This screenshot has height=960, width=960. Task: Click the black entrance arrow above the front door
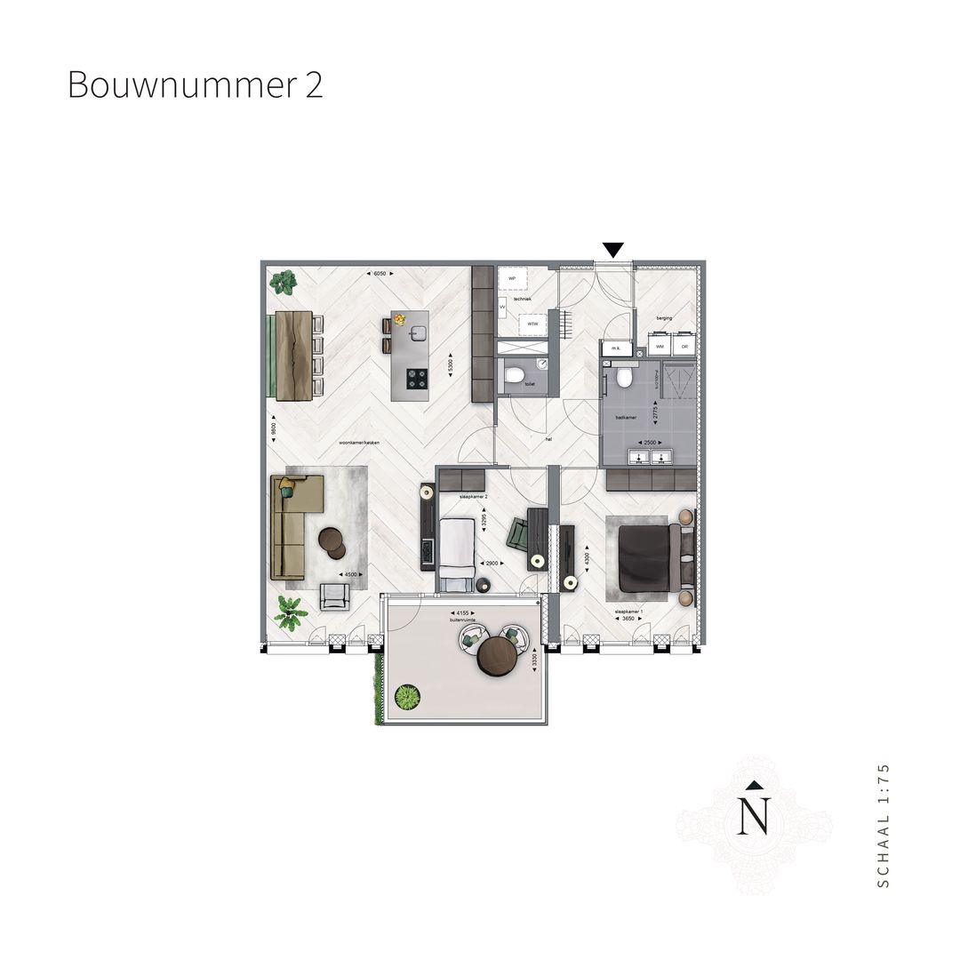(612, 250)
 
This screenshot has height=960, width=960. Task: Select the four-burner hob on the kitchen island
(417, 379)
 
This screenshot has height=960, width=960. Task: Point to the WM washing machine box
(660, 344)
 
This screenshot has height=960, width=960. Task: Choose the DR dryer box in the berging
(684, 344)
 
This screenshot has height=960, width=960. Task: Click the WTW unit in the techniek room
(532, 324)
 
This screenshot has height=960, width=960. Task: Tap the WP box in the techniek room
(511, 278)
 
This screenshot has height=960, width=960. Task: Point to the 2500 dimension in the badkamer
(651, 442)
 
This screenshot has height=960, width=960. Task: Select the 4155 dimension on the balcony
(460, 612)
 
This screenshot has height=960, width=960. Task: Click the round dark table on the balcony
(498, 657)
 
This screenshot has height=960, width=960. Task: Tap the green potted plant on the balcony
(407, 698)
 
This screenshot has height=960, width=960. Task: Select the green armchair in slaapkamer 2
(517, 535)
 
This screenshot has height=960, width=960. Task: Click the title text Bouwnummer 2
(195, 85)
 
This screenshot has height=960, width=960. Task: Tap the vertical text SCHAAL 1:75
(882, 824)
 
